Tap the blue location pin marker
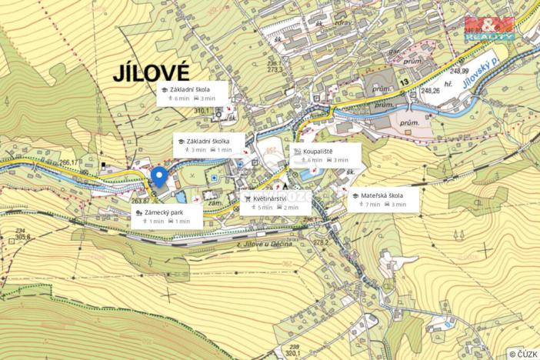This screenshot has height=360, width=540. (x=159, y=176)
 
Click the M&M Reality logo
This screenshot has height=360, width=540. (x=489, y=28)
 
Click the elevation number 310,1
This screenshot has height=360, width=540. (x=202, y=111)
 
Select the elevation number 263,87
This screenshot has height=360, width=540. (x=140, y=201)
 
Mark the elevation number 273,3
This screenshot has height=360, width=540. (x=275, y=70)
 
